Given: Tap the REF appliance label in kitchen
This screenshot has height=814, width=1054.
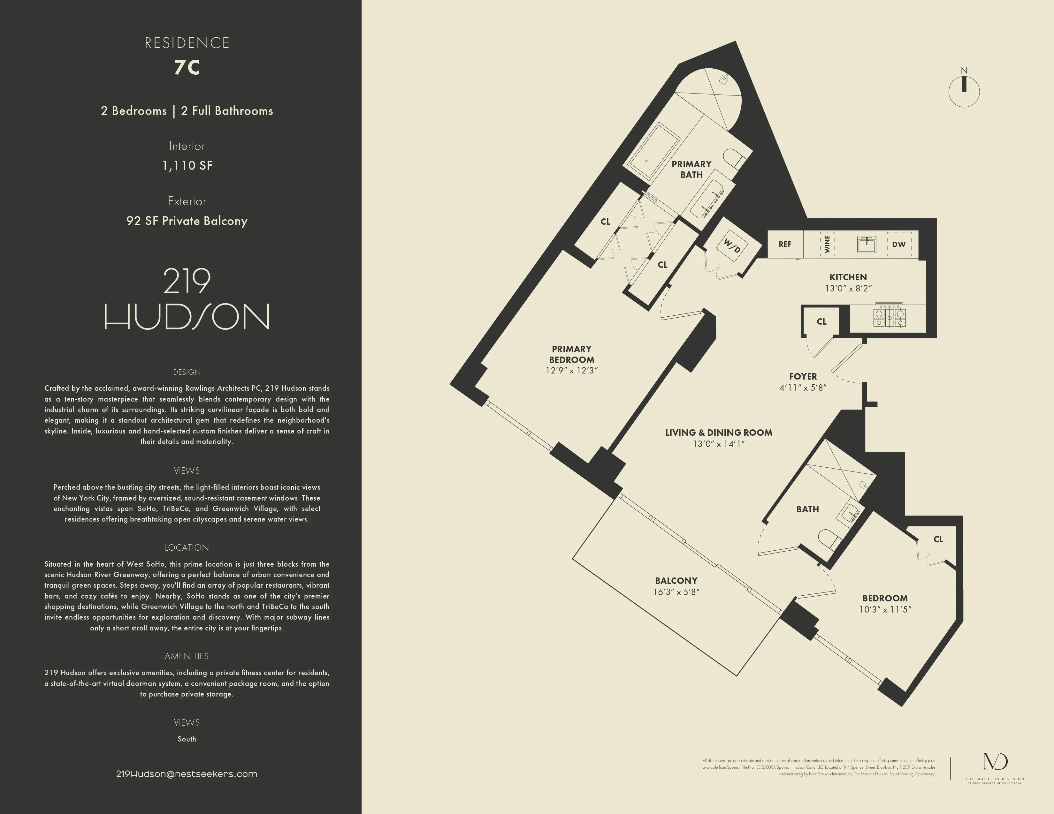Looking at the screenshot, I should tap(785, 244).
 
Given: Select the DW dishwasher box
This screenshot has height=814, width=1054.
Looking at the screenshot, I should tap(898, 244).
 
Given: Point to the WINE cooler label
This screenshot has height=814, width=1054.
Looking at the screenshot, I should tap(827, 244).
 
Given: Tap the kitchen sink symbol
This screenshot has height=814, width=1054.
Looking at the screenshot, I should tap(866, 244).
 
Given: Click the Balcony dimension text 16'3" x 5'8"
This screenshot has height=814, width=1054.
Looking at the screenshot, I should tap(676, 592).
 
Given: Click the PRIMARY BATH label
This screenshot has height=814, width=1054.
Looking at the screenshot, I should tap(691, 169).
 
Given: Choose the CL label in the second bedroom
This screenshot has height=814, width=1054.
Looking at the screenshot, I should tap(938, 539).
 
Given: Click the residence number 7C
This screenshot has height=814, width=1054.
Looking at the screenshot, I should tap(187, 67).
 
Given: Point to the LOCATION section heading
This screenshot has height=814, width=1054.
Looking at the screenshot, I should tap(187, 547).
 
